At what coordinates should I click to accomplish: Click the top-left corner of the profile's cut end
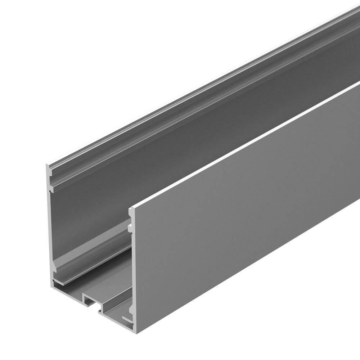click(47, 165)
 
